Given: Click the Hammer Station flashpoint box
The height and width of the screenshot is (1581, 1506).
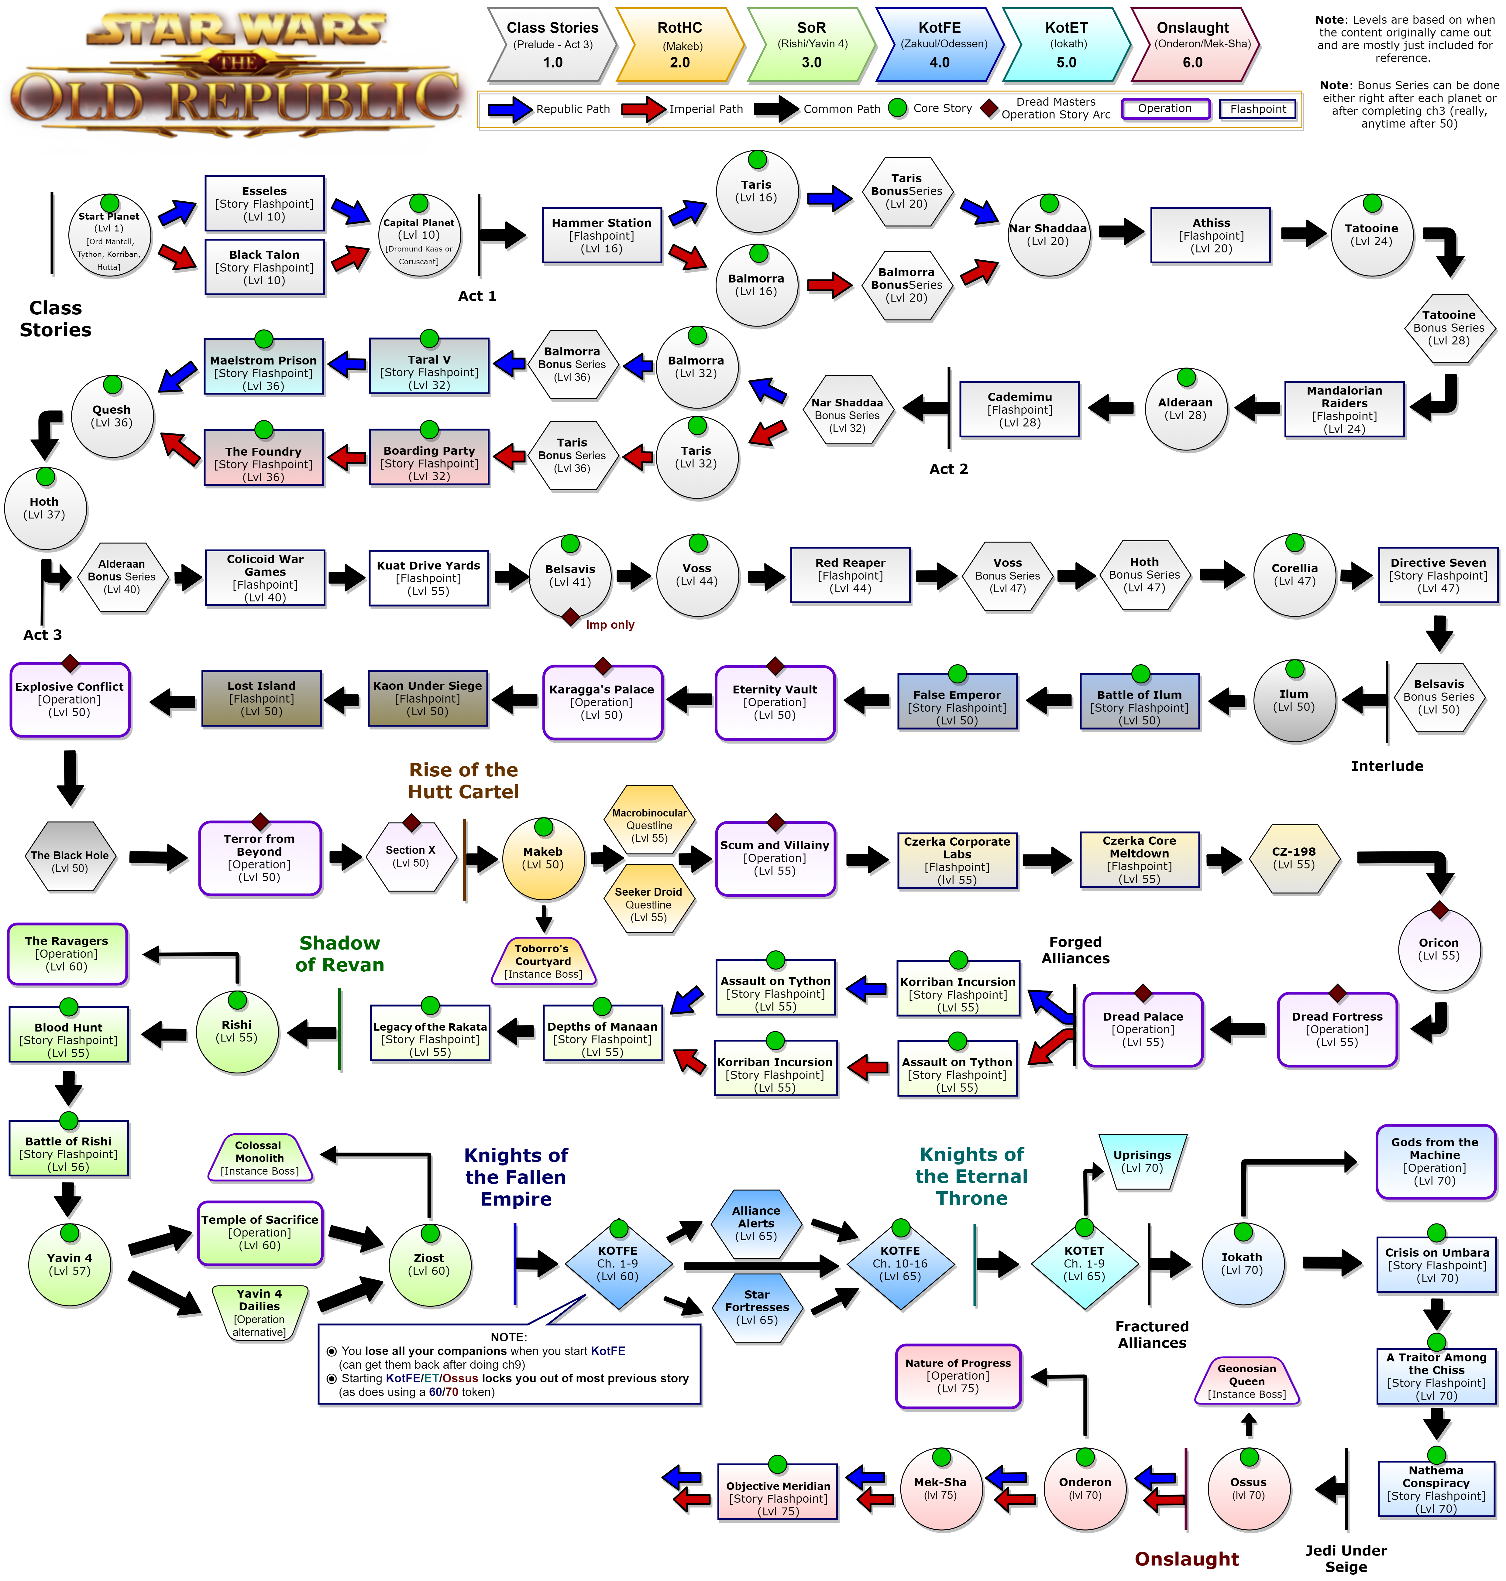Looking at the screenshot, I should point(601,235).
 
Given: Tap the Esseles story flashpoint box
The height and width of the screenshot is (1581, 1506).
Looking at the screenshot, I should point(264,203).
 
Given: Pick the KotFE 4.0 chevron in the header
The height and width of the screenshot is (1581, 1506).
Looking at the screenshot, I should point(939,45).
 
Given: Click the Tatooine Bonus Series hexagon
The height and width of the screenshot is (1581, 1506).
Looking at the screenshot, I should point(1448,327).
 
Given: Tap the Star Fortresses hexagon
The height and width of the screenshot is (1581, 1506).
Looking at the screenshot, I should point(756,1306).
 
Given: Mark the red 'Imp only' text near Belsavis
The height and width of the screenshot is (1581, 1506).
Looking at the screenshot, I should point(610,625).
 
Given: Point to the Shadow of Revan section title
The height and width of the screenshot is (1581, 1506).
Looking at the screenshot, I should point(339,953).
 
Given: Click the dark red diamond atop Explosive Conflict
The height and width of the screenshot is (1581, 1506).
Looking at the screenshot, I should point(70,663).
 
